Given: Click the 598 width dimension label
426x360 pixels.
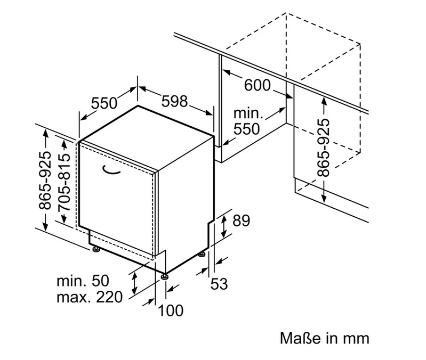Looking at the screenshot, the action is pyautogui.click(x=174, y=102).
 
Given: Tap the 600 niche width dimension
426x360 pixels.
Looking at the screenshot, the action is pyautogui.click(x=258, y=85).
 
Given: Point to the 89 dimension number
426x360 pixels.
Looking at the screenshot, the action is pyautogui.click(x=241, y=220).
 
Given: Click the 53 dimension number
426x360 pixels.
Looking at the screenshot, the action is pyautogui.click(x=219, y=284).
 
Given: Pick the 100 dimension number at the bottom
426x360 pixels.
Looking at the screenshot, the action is pyautogui.click(x=171, y=310).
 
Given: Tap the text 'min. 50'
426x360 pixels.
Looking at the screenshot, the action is pyautogui.click(x=83, y=281).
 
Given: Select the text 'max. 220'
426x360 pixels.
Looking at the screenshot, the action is pyautogui.click(x=90, y=297).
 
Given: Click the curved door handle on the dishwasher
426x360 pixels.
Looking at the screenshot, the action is pyautogui.click(x=111, y=170).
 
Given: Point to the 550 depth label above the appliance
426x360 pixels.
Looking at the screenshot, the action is pyautogui.click(x=104, y=103).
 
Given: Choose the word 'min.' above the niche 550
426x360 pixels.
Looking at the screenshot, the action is pyautogui.click(x=248, y=113).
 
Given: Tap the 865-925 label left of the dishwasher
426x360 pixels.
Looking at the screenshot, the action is pyautogui.click(x=44, y=181).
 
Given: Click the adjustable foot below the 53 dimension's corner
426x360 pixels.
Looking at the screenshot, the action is pyautogui.click(x=202, y=255).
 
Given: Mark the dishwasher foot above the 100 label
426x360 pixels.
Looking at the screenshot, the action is pyautogui.click(x=164, y=276).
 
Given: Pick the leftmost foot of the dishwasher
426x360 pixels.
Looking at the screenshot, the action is pyautogui.click(x=95, y=249).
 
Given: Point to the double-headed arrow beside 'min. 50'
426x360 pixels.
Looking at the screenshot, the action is pyautogui.click(x=134, y=283).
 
